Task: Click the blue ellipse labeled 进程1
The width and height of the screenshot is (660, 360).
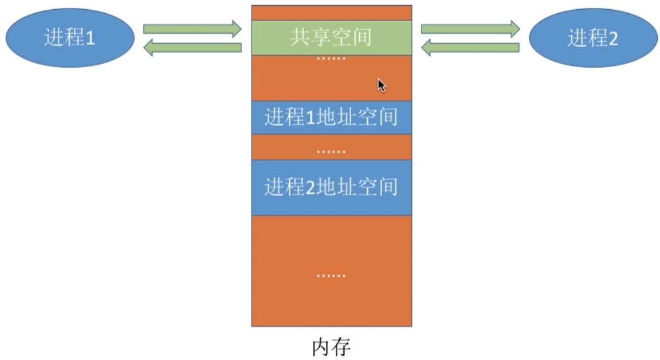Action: coord(70,38)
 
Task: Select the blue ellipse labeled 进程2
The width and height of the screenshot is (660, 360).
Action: coord(592,38)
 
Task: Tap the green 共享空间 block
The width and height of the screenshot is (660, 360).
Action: coord(331,37)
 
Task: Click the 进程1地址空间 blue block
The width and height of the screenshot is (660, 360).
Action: coord(331,118)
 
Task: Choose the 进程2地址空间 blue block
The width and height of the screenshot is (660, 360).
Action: coord(331,187)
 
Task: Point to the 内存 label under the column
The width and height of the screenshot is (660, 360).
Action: coord(331,347)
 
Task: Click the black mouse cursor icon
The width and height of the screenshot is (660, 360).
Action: coord(381,85)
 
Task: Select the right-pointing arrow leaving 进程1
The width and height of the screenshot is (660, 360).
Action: coord(192,28)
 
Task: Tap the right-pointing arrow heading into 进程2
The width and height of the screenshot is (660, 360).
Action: coord(470,28)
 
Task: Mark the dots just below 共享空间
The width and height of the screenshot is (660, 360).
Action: coord(331,59)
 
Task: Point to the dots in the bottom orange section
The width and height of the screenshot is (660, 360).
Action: coord(331,276)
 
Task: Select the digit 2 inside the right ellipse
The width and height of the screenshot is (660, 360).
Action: coord(612,38)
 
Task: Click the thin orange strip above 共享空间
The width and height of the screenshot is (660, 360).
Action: coord(331,13)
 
